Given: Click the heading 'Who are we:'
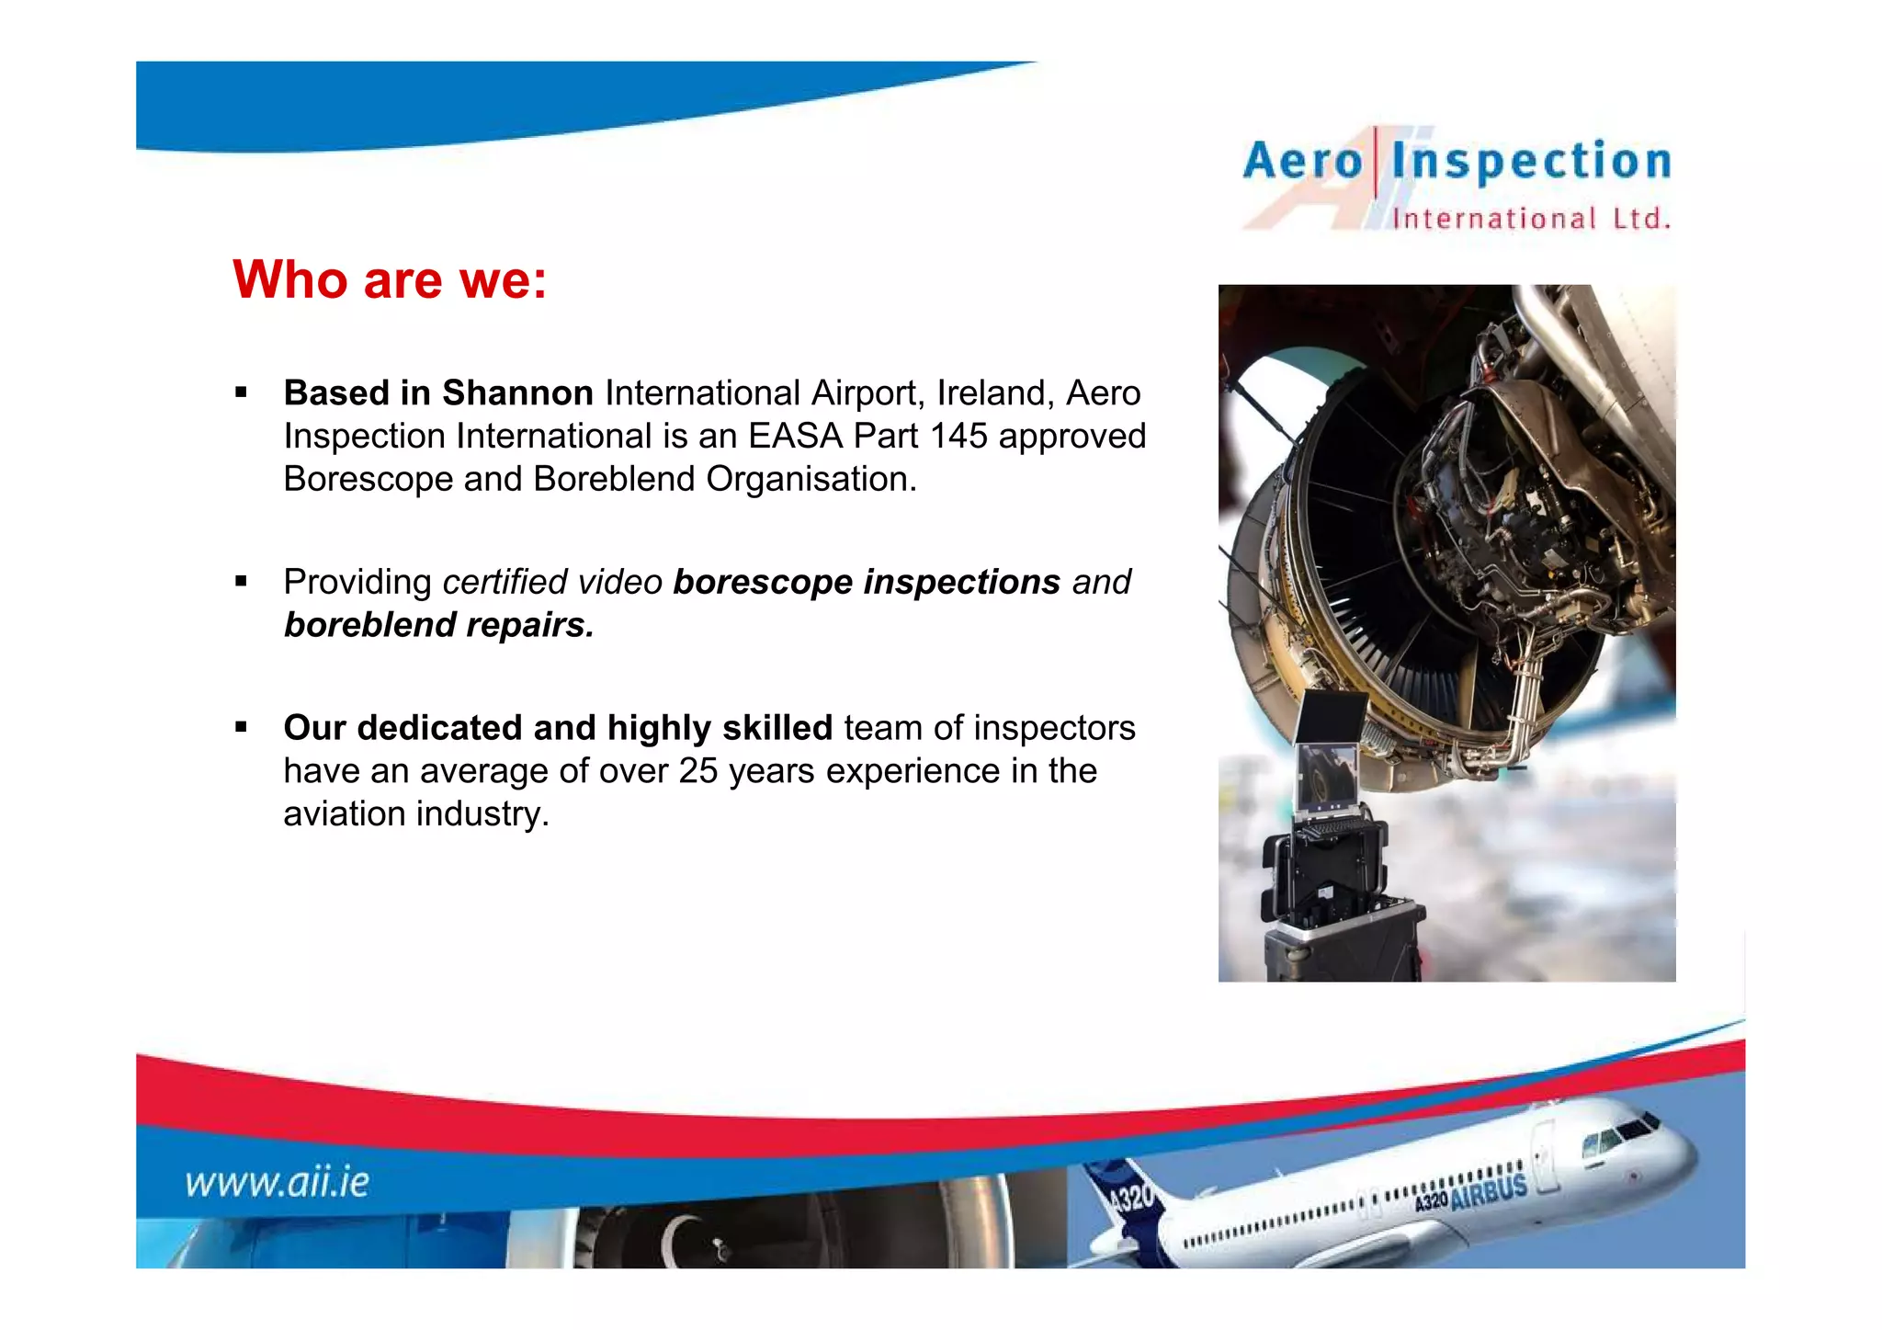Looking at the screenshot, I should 390,279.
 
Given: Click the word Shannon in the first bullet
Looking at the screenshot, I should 517,393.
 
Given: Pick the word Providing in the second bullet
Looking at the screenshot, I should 357,583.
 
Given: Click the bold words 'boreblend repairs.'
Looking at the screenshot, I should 438,625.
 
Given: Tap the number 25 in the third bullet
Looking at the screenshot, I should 697,771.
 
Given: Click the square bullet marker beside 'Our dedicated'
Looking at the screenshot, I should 241,728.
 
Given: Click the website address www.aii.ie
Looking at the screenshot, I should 277,1182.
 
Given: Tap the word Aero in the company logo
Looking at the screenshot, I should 1302,162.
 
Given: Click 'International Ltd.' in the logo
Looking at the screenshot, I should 1531,219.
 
